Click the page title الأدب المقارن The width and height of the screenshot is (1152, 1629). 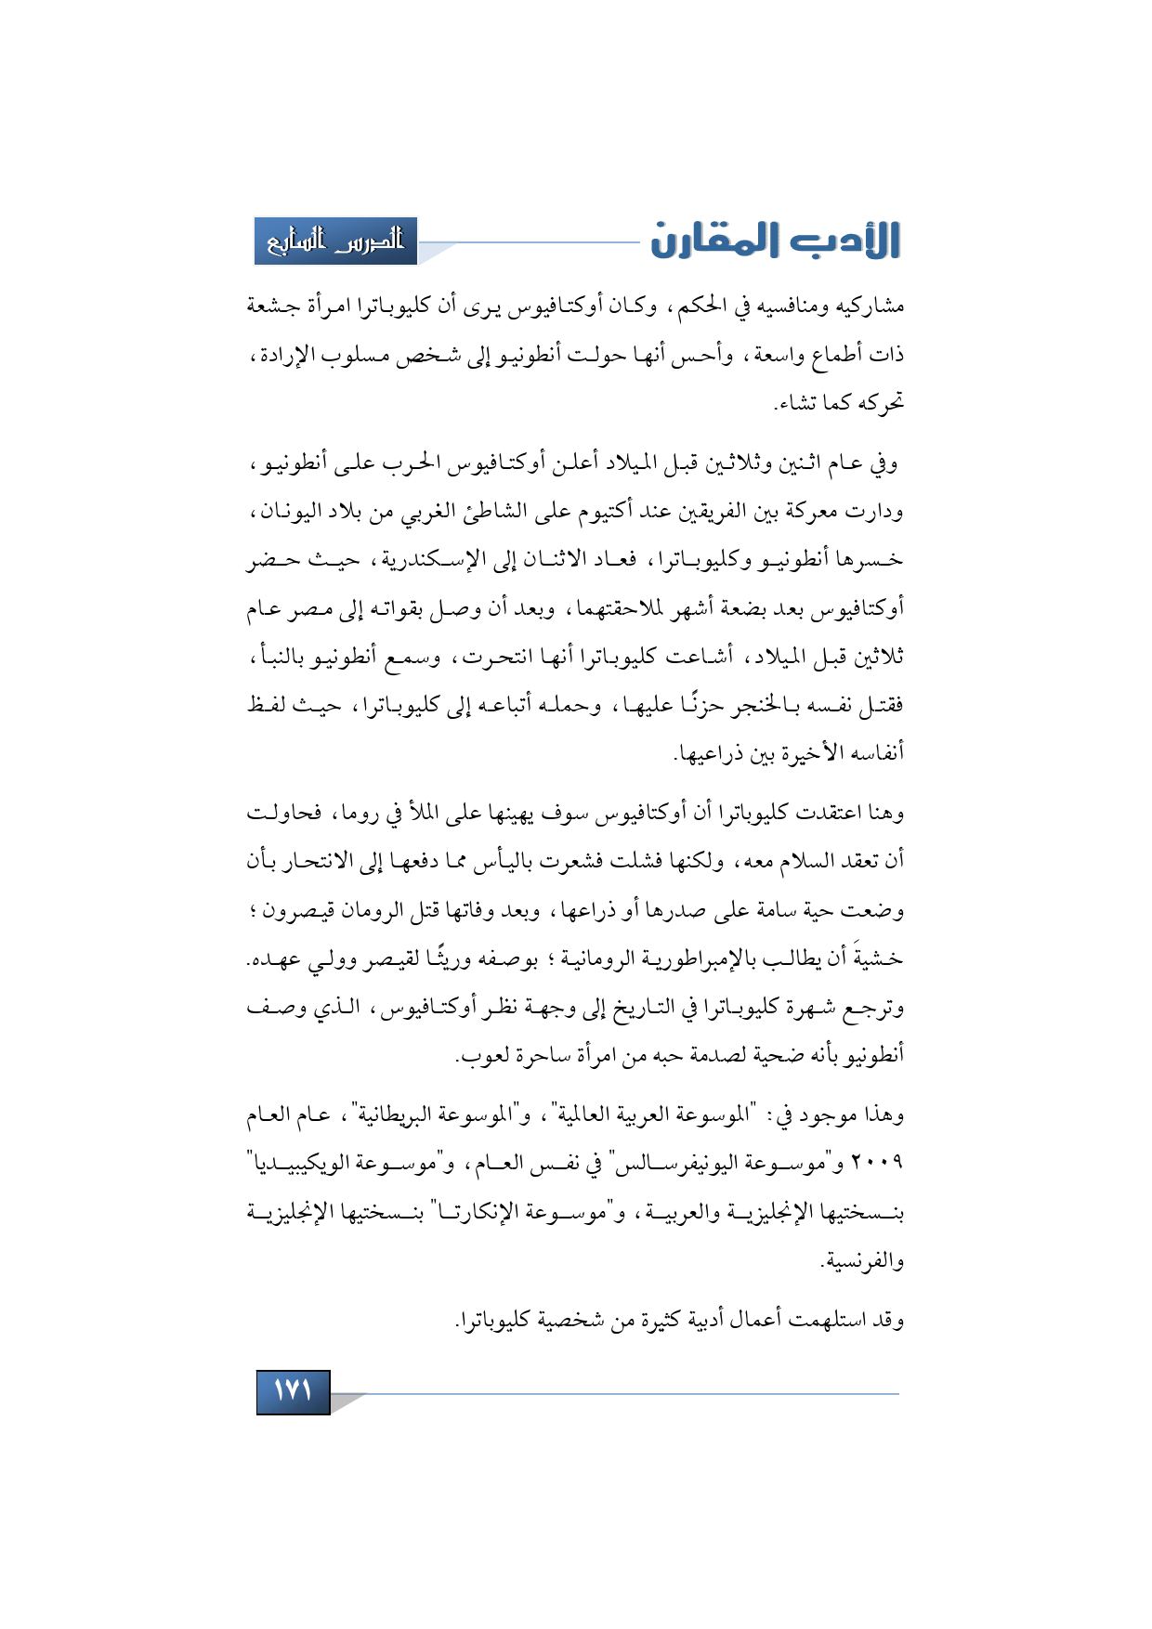click(x=776, y=241)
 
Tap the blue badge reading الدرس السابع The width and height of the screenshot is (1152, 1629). click(x=336, y=241)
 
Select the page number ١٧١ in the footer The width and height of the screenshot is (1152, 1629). click(x=293, y=1391)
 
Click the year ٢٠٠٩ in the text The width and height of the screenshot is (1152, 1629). click(x=879, y=1163)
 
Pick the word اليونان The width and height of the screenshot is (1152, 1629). click(x=288, y=511)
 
